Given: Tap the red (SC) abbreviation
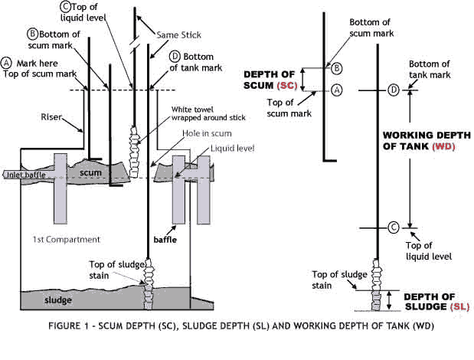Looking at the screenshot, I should tap(287, 85).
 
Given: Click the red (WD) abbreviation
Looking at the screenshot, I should tap(445, 146).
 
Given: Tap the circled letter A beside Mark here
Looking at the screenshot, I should tap(7, 61).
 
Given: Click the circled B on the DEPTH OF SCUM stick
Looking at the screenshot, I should tap(335, 67).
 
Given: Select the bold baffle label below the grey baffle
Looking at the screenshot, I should tap(178, 240).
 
